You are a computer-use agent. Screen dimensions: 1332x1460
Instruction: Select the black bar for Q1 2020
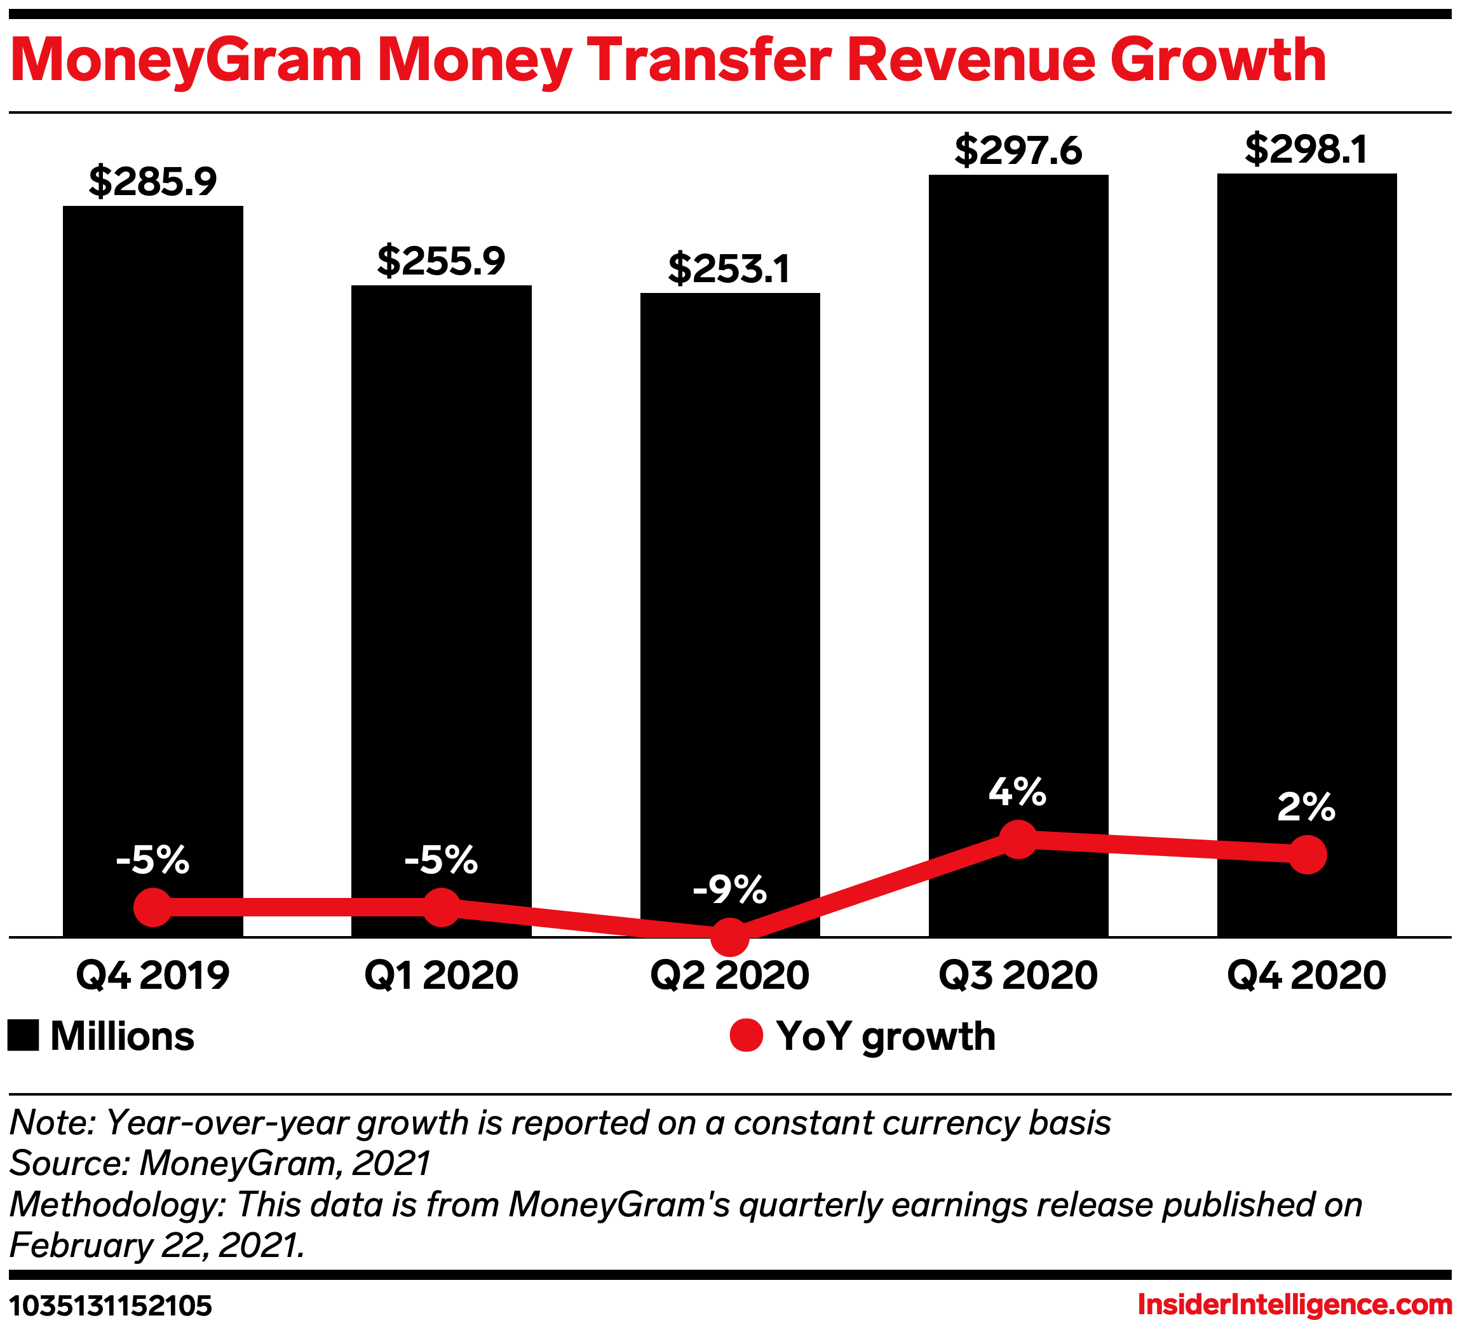pyautogui.click(x=441, y=580)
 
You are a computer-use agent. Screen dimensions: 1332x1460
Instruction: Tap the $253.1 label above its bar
pyautogui.click(x=729, y=269)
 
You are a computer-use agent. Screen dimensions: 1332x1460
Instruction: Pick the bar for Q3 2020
pyautogui.click(x=1018, y=507)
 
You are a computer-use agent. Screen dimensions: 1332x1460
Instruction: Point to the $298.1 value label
pyautogui.click(x=1306, y=150)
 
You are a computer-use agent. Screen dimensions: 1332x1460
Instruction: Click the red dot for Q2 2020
pyautogui.click(x=729, y=937)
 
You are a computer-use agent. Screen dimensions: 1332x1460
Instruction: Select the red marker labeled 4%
pyautogui.click(x=1018, y=839)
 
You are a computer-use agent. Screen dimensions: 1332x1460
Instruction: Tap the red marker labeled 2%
pyautogui.click(x=1307, y=855)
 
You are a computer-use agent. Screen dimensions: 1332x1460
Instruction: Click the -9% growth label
pyautogui.click(x=729, y=890)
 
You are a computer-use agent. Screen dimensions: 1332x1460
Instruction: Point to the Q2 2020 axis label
pyautogui.click(x=729, y=975)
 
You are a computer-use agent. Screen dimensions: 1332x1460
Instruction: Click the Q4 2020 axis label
pyautogui.click(x=1306, y=975)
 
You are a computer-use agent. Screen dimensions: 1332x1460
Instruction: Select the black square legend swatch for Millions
pyautogui.click(x=23, y=1035)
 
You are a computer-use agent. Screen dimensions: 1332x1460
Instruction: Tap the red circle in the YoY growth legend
pyautogui.click(x=746, y=1035)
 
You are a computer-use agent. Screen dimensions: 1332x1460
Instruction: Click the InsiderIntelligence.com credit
pyautogui.click(x=1295, y=1305)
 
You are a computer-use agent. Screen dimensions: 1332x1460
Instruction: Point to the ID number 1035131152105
pyautogui.click(x=111, y=1306)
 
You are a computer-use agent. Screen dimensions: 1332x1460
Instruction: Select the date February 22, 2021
pyautogui.click(x=156, y=1246)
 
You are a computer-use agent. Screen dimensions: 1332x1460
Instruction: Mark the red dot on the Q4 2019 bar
pyautogui.click(x=153, y=907)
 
